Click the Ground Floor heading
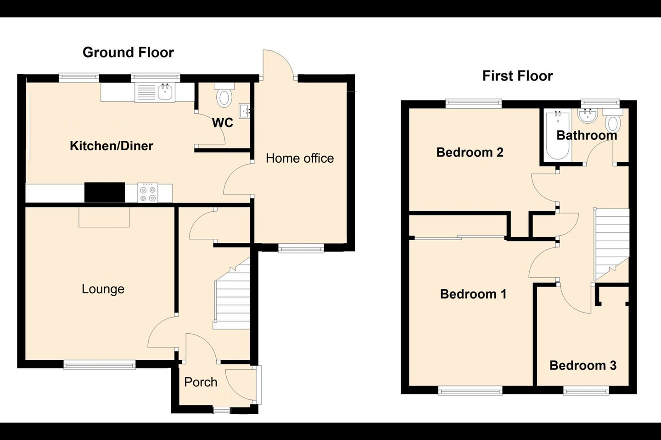tap(128, 52)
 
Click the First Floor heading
tap(518, 76)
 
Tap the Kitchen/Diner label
tap(112, 146)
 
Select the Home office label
tap(300, 158)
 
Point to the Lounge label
tap(103, 289)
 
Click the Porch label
tap(201, 382)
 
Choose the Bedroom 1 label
tap(473, 294)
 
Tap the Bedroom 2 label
tap(470, 152)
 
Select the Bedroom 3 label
tap(583, 365)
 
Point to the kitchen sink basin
tap(166, 92)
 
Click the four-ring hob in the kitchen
tap(147, 193)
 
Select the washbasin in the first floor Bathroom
tap(588, 115)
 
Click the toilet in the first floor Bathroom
tap(613, 120)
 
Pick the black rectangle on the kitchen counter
tap(105, 192)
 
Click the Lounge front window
tap(100, 365)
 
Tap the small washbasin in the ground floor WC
tap(244, 111)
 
